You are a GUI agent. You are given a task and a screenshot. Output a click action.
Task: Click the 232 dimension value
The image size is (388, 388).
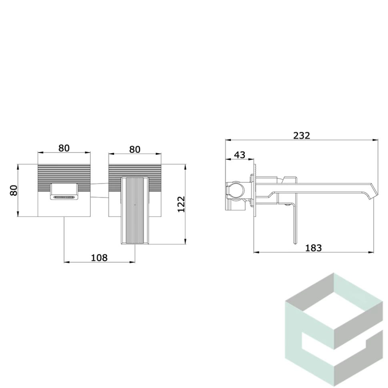point(301,136)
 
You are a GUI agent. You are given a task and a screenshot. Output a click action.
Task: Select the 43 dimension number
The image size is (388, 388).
point(240,155)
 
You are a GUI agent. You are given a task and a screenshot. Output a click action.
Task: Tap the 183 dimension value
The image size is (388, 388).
point(313,248)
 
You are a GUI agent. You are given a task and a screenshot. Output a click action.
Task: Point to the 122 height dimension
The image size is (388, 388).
point(181,204)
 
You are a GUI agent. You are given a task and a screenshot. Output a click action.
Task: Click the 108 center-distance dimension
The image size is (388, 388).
point(99,258)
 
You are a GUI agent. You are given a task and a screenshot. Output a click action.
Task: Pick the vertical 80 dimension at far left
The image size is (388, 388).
point(14,190)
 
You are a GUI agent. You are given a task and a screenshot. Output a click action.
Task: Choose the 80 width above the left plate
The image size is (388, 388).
point(64,148)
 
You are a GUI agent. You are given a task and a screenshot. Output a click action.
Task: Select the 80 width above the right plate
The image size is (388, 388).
point(135,150)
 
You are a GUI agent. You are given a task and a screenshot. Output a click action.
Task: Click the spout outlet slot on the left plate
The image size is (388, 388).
point(64,197)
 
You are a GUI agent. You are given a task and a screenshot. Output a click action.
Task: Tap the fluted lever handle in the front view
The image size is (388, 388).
point(135,210)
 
